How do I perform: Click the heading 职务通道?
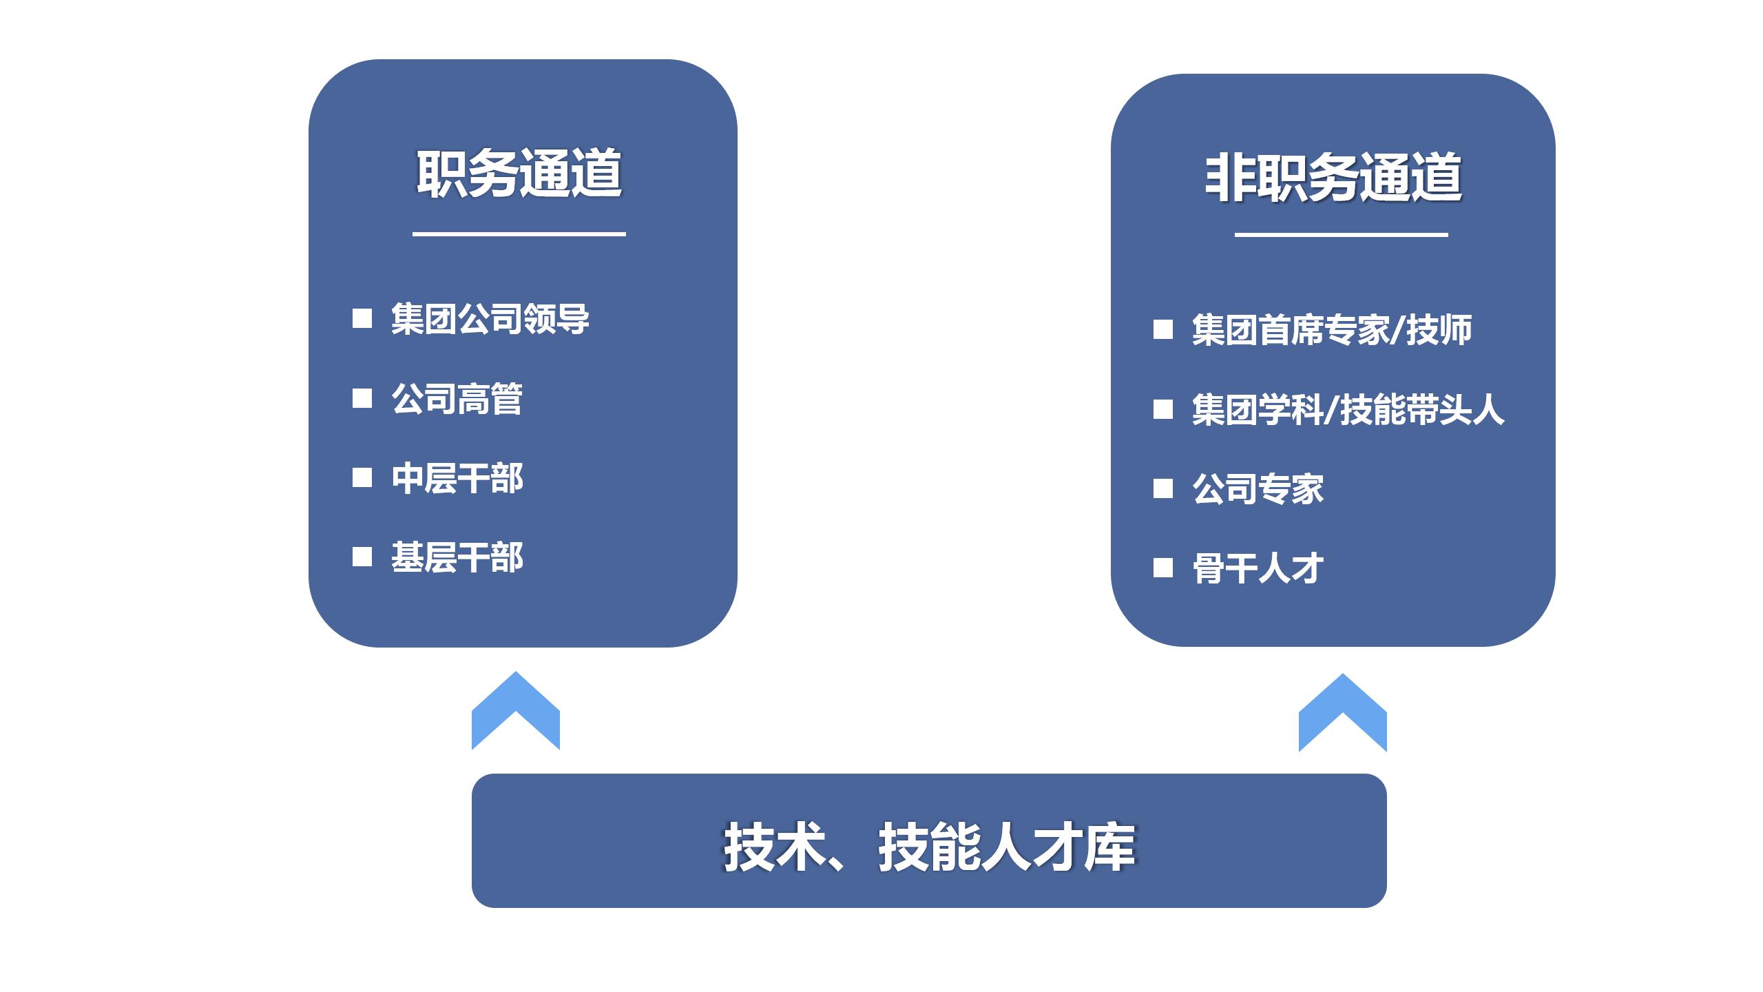(x=519, y=174)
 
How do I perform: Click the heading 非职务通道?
(x=1333, y=178)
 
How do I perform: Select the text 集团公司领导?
(x=490, y=319)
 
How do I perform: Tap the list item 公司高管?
(x=457, y=399)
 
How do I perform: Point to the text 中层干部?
(x=457, y=478)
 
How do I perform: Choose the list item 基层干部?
(x=457, y=557)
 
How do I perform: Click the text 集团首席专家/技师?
(x=1332, y=330)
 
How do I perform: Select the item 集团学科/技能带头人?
(x=1348, y=410)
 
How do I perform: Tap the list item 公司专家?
(x=1258, y=489)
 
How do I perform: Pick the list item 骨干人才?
(x=1258, y=569)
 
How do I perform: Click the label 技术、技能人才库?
(x=929, y=847)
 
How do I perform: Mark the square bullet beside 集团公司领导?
(x=362, y=318)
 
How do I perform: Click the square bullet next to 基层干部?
(x=362, y=557)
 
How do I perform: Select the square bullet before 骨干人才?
(x=1163, y=568)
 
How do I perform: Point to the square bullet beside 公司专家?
(x=1163, y=488)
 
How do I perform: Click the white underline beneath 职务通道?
(x=519, y=234)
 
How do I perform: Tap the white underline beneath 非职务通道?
(x=1342, y=234)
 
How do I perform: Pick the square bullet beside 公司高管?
(x=362, y=398)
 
